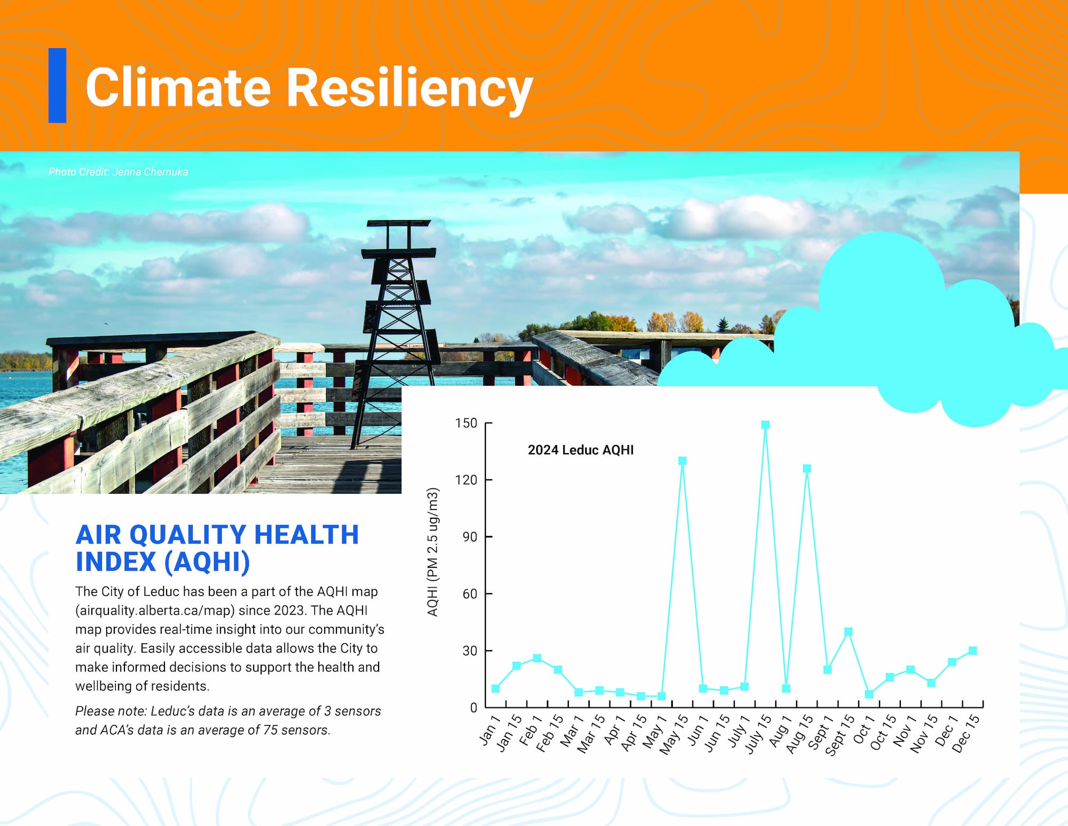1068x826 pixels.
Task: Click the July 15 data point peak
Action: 765,425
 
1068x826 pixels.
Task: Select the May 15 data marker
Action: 682,461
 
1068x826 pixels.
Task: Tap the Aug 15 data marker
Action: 807,468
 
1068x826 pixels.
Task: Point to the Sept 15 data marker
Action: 848,632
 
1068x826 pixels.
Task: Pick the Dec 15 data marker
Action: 972,650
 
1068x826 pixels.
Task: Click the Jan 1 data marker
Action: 496,688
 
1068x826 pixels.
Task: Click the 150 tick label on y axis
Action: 466,423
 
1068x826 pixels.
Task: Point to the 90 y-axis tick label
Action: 470,536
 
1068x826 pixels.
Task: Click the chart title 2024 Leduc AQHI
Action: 580,450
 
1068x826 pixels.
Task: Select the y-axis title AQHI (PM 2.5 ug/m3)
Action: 433,552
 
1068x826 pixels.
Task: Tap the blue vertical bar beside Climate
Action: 57,85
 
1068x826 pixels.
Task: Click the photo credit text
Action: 118,172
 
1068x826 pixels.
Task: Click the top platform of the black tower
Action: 399,223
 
